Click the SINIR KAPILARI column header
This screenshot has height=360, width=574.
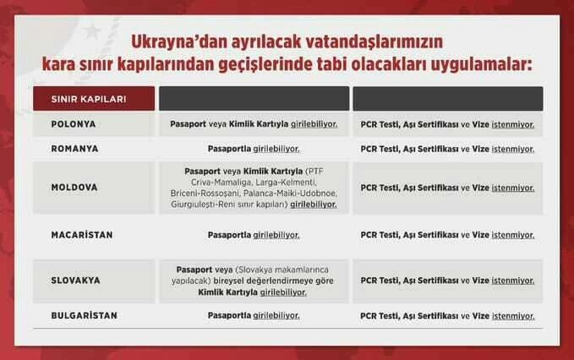tap(89, 99)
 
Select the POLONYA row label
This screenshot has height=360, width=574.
tap(74, 124)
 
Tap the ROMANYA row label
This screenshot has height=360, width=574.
tap(74, 149)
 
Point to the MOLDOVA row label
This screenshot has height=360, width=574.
tap(74, 188)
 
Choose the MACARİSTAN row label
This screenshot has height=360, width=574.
tap(82, 235)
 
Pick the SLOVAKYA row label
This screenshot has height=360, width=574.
tap(76, 281)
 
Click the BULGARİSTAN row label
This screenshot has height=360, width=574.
tap(85, 315)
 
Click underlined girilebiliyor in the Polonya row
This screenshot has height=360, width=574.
tap(314, 124)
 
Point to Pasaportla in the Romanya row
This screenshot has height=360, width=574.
tap(229, 149)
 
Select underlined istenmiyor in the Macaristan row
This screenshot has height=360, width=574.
tap(513, 235)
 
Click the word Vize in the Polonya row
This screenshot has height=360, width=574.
tap(481, 124)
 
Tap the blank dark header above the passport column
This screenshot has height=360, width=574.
tap(254, 98)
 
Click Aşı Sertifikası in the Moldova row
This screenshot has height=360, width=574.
tap(430, 188)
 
